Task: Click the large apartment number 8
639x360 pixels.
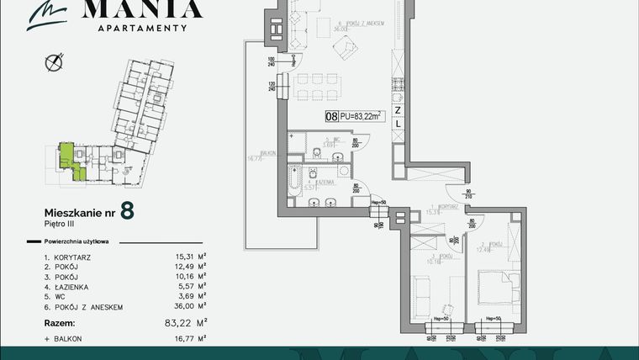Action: pos(126,211)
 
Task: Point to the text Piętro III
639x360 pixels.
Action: pos(59,224)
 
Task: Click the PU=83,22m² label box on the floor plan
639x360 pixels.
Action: pos(355,116)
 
